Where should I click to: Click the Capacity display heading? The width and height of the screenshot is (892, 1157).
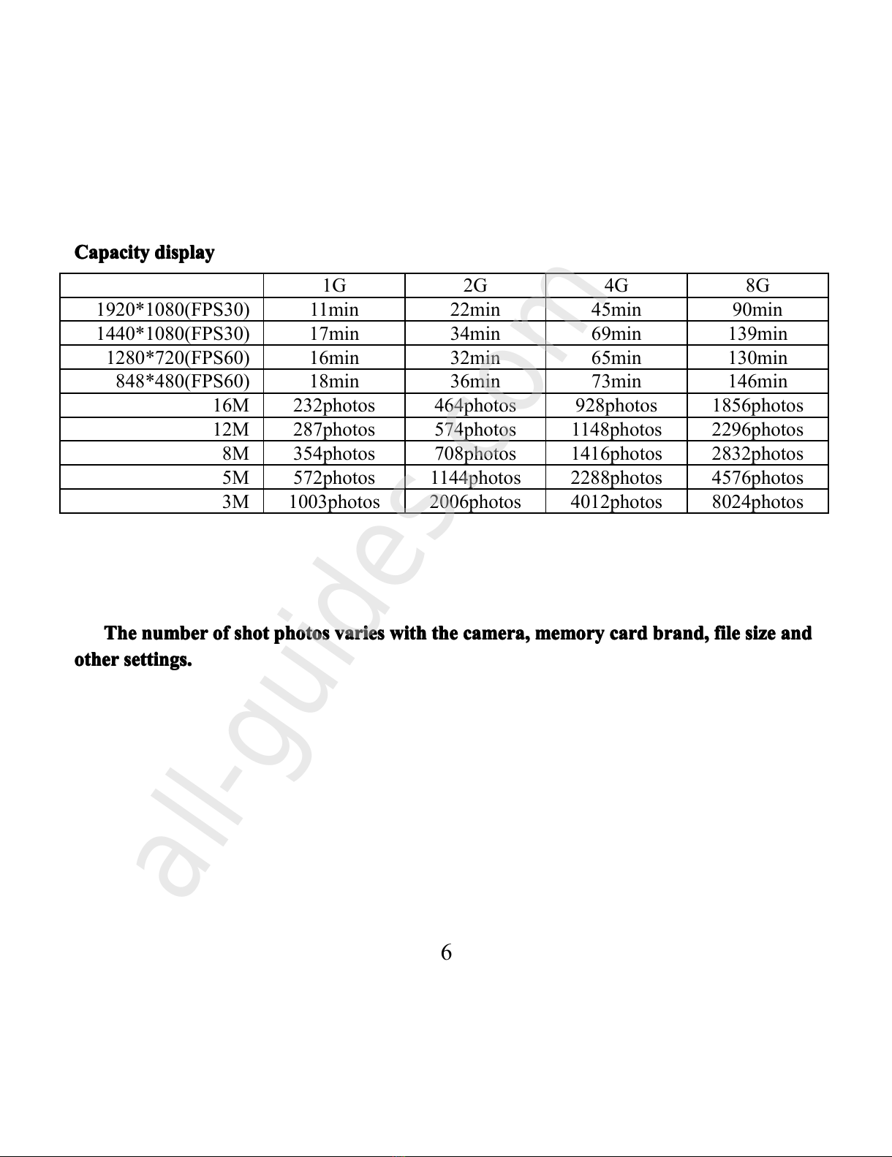(144, 253)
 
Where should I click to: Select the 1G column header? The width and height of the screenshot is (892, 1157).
(334, 285)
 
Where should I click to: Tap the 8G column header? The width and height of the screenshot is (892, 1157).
(757, 285)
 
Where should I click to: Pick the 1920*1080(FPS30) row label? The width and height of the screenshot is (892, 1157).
(173, 309)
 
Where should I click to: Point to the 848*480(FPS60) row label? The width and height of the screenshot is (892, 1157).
(183, 381)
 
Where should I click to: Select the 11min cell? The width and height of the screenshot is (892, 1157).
(334, 309)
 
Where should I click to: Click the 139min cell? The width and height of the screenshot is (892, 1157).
(757, 333)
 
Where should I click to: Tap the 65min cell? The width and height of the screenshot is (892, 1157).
(616, 357)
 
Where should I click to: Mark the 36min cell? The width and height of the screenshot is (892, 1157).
(475, 381)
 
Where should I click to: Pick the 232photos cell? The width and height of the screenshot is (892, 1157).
(334, 405)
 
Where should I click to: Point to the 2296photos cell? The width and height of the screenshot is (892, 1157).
(757, 429)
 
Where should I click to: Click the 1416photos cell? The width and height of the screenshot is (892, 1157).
(616, 453)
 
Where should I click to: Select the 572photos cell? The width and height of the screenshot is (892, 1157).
(334, 477)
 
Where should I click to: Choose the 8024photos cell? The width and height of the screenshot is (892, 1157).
(757, 501)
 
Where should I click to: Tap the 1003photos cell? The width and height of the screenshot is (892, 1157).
(334, 501)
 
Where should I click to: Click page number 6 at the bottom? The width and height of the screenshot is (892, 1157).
(446, 952)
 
